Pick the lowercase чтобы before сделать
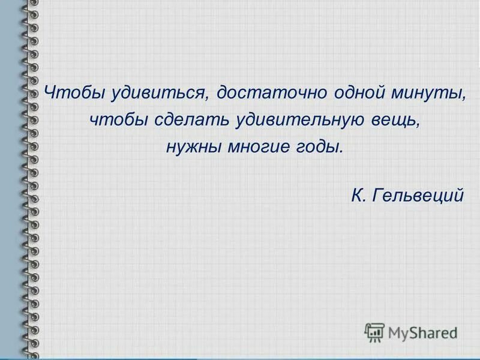(119, 120)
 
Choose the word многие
(260, 146)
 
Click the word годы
(322, 146)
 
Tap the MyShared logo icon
(374, 332)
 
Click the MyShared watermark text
(422, 332)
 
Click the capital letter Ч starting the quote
(50, 94)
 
